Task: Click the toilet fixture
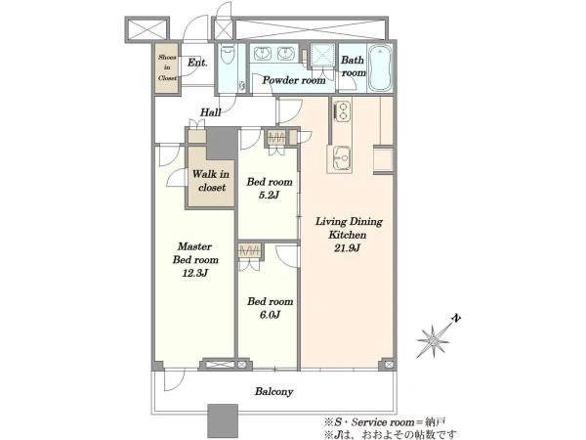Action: coord(227,55)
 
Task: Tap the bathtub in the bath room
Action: coord(379,68)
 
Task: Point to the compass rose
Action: coord(433,341)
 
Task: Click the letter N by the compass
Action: coord(456,319)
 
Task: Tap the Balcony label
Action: coord(273,392)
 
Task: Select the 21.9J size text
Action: coord(347,248)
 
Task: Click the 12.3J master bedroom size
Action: coord(195,273)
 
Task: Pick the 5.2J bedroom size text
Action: coord(270,195)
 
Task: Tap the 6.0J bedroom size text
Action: coord(270,315)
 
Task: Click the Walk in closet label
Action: coord(211,181)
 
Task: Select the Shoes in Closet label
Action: coord(167,67)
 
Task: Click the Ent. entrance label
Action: coord(197,63)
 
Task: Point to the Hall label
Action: coord(211,111)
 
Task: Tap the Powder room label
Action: coord(294,80)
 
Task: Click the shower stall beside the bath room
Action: coord(322,55)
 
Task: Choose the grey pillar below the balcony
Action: coord(223,420)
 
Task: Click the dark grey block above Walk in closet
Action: coord(222,144)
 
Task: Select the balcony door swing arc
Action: coord(175,381)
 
